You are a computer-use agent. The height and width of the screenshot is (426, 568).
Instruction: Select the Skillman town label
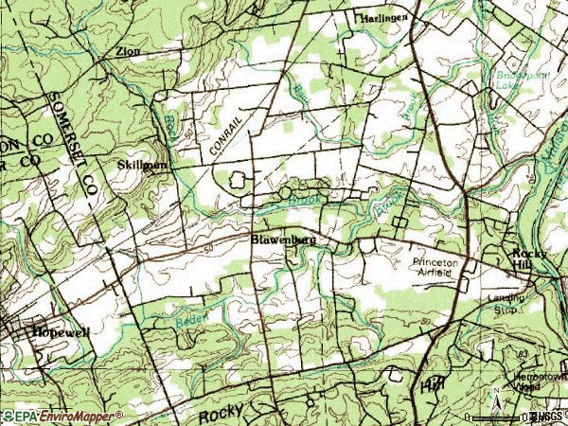coord(143,165)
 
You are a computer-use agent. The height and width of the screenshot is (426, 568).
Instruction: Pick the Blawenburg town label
coord(283,240)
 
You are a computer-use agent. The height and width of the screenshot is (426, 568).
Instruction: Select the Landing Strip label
coord(480,302)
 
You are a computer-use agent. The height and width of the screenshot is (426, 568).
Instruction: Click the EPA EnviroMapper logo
coord(62,416)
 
